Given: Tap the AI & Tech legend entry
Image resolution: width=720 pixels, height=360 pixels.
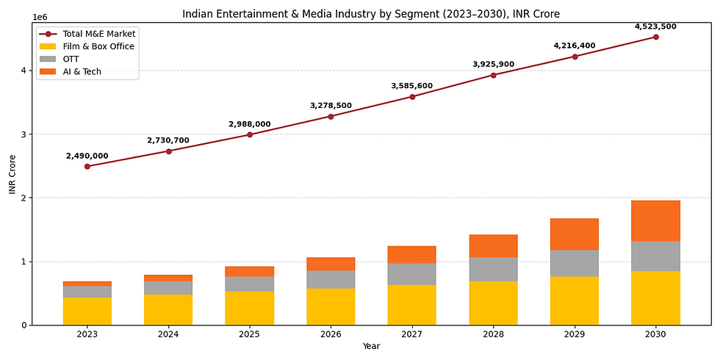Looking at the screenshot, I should tap(82, 71).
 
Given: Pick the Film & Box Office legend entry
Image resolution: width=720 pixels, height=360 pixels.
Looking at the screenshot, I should tap(98, 46).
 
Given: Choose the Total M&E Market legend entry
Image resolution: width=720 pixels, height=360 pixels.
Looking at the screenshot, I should tap(98, 34).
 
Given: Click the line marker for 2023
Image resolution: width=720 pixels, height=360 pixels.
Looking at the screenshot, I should tap(87, 167).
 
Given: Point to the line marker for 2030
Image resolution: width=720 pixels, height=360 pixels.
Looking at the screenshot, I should tap(655, 37).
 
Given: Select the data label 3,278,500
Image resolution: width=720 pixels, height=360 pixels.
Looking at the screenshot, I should tap(331, 106).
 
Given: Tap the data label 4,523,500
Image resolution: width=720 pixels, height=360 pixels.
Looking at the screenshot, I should tap(655, 26).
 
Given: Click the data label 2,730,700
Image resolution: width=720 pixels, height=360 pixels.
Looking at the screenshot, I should tap(168, 140).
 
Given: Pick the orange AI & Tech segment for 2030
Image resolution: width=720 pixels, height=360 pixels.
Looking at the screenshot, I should tap(655, 220).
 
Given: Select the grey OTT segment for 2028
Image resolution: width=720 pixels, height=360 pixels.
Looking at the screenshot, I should tap(493, 270).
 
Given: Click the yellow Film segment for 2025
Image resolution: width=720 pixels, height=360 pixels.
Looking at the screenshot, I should tap(250, 308).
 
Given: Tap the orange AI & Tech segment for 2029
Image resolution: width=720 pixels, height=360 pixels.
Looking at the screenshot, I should tap(575, 234).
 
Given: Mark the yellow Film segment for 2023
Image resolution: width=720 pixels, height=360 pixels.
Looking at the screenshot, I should tap(87, 311).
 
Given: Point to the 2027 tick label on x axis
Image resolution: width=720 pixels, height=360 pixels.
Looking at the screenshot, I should tap(411, 334).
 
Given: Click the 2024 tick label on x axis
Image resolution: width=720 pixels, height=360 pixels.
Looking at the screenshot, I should tap(168, 334).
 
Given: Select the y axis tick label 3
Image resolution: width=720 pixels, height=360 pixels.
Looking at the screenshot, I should tap(24, 134).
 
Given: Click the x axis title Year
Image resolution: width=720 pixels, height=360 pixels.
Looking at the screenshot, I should tap(372, 346).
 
